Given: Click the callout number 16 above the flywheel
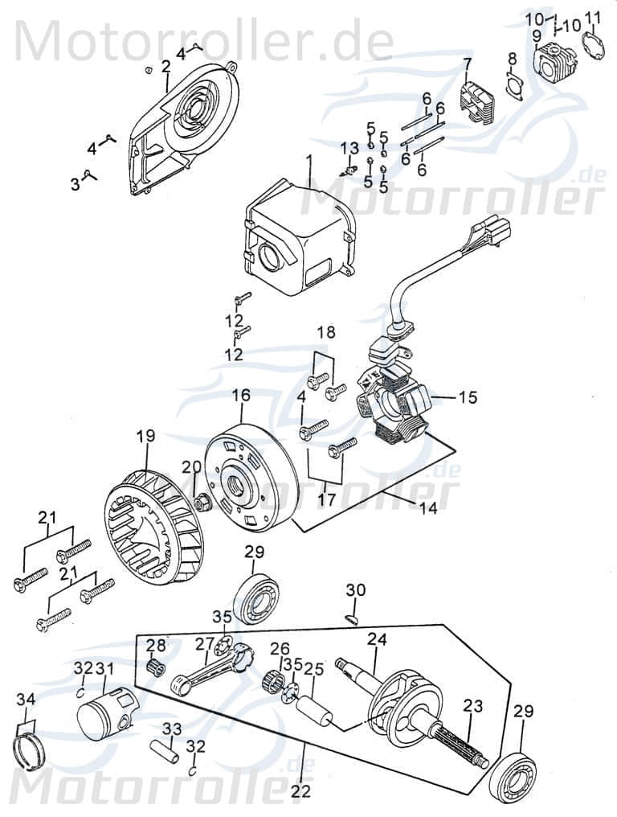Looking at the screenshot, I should [x=241, y=396].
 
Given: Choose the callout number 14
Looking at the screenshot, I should [x=428, y=509].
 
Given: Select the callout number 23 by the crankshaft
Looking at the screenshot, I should [x=473, y=706].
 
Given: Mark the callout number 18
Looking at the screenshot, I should [x=325, y=332].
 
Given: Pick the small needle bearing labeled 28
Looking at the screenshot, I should [x=156, y=667].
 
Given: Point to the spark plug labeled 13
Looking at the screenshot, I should [x=349, y=170].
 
